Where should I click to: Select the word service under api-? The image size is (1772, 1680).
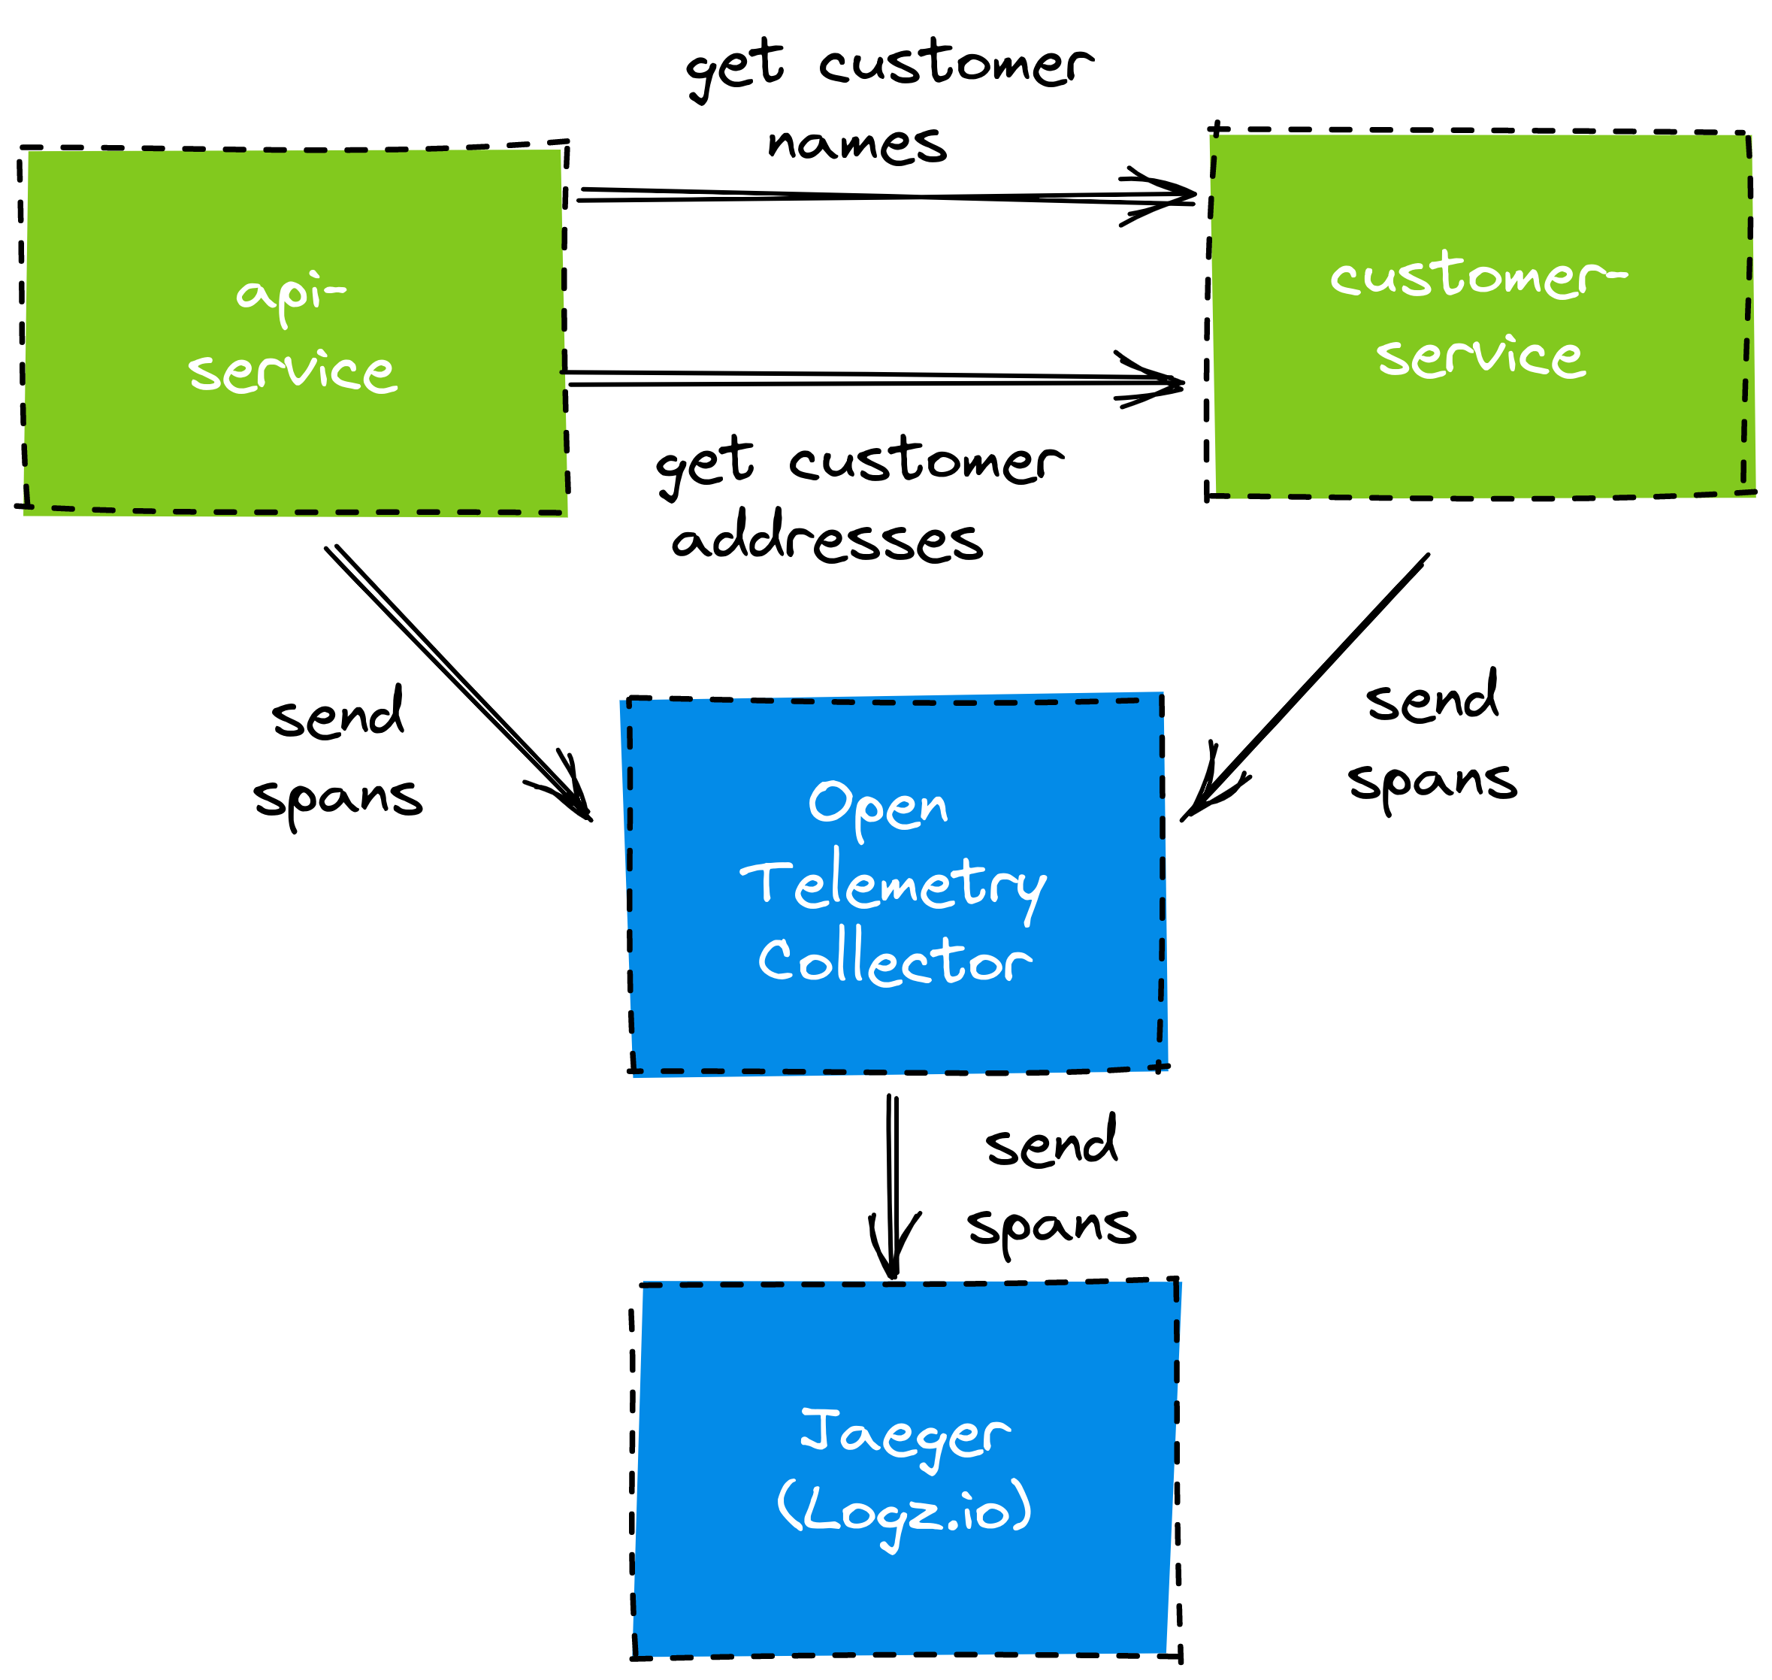pos(293,371)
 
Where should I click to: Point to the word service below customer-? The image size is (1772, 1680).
pos(1481,356)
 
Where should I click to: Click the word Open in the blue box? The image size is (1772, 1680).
pos(878,806)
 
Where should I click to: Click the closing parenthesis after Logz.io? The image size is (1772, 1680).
pos(1022,1506)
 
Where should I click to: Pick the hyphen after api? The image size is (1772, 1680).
pos(336,289)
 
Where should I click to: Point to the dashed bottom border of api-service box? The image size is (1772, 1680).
pos(295,511)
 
